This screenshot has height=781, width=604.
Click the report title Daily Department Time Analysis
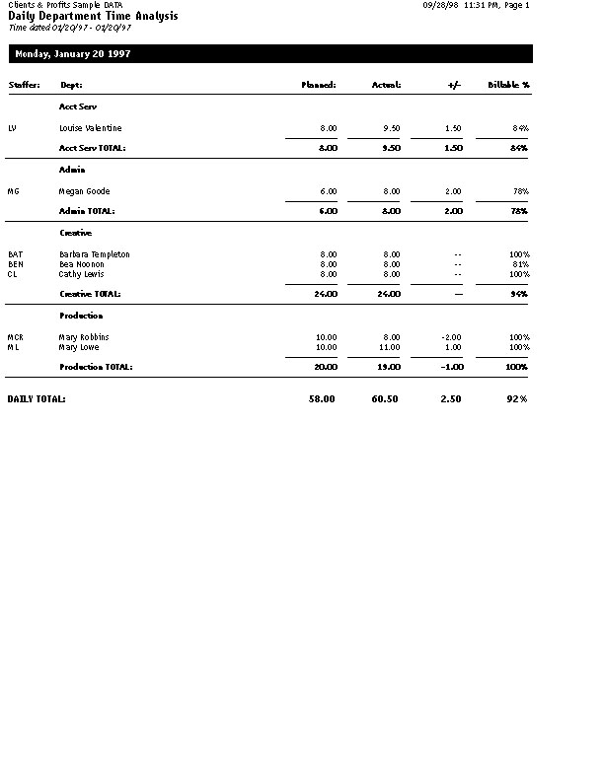pos(94,17)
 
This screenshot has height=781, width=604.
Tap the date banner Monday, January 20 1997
pos(72,54)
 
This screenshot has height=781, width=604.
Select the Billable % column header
pos(509,85)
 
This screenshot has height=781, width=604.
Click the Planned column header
pos(319,85)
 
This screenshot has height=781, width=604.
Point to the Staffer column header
pos(24,85)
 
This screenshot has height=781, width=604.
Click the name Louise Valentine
pos(91,128)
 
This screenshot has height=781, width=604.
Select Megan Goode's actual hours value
pos(392,191)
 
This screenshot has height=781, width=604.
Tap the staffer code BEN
pos(16,264)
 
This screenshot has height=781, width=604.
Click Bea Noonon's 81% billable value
pos(520,264)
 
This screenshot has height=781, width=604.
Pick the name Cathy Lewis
pos(82,274)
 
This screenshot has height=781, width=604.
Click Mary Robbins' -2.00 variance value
pos(452,337)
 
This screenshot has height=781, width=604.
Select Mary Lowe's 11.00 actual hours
pos(390,347)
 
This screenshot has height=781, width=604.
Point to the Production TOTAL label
pos(96,367)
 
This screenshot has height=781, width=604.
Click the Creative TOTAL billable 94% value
pos(520,294)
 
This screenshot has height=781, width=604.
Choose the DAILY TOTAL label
pos(37,399)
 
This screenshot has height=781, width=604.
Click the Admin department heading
pos(72,170)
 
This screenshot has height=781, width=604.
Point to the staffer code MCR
pos(16,337)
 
